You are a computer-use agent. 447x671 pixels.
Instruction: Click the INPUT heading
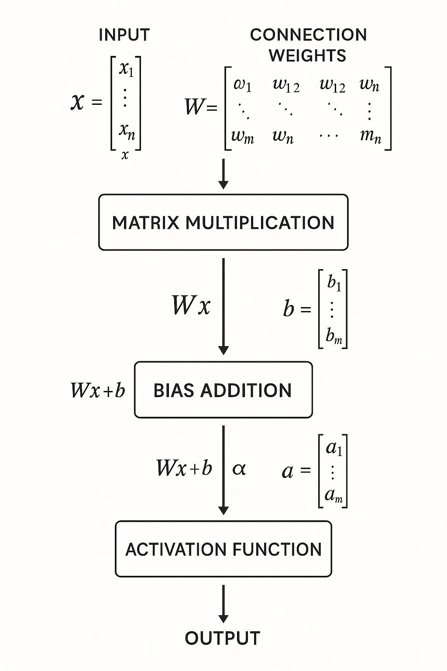click(124, 35)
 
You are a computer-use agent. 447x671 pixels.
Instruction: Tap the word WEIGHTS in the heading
click(307, 56)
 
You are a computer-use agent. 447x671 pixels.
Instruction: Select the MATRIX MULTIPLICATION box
click(223, 222)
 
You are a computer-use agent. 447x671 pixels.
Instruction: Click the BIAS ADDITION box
click(223, 390)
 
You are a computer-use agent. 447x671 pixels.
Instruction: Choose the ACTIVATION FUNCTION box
click(223, 549)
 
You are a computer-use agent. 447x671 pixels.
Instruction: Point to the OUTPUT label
click(223, 638)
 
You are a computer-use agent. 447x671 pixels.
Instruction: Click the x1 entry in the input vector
click(127, 69)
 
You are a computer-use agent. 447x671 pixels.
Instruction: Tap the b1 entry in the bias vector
click(334, 283)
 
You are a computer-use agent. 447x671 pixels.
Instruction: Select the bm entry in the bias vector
click(334, 336)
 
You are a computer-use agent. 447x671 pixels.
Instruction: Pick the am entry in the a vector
click(334, 495)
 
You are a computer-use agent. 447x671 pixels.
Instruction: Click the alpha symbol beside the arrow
click(239, 469)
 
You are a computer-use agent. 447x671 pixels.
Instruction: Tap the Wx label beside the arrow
click(191, 305)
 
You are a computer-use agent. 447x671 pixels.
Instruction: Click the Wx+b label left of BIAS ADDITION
click(98, 390)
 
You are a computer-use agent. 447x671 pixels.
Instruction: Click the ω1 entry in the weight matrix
click(242, 84)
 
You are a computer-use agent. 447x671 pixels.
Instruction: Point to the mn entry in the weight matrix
click(370, 136)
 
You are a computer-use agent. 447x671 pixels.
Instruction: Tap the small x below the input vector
click(125, 155)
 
